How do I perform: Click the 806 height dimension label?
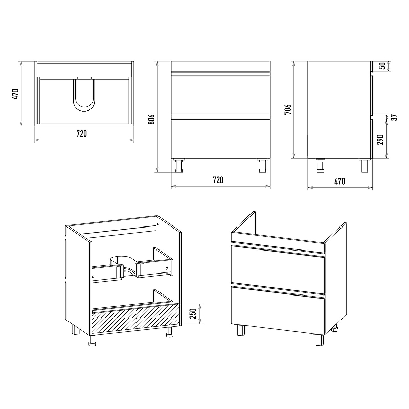point(151,119)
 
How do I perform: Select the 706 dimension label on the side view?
point(288,110)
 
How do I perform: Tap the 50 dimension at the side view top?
point(383,66)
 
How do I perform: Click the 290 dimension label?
point(381,140)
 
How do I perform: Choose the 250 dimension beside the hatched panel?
point(193,313)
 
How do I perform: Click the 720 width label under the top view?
point(82,134)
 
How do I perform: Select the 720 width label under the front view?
point(218,180)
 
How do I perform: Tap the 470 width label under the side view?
point(339,181)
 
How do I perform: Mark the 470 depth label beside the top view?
point(15,94)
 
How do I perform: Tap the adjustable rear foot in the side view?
point(321,165)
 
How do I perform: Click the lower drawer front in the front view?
point(221,139)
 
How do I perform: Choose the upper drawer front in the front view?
point(221,95)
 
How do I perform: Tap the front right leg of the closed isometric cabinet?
point(320,340)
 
